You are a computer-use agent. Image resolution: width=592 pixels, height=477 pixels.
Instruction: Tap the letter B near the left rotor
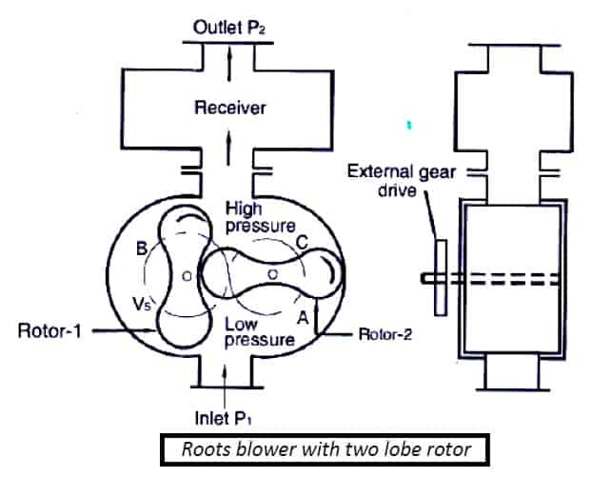tap(141, 251)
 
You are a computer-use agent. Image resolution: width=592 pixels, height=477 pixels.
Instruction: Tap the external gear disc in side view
tap(440, 277)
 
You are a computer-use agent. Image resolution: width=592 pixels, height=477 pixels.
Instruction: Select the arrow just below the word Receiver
tap(227, 145)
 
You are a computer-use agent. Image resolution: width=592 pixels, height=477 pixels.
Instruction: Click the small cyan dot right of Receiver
tap(409, 125)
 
